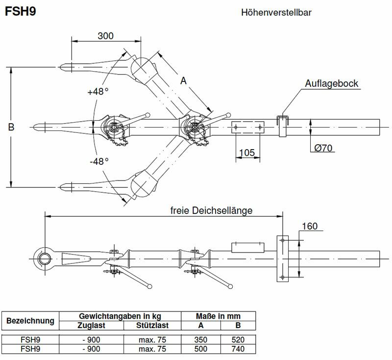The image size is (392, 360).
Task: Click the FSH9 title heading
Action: coord(20,11)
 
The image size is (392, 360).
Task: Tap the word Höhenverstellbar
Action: coord(276,12)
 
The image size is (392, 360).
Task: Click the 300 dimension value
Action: coord(105,36)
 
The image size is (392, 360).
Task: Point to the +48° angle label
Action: coord(98,91)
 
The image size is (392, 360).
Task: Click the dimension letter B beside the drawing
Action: coord(11,127)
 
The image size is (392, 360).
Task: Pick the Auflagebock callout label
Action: coord(332,83)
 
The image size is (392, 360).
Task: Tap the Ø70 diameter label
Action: coord(324,148)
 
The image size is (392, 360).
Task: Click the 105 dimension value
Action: coord(246,153)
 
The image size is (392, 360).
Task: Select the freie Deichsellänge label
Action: coord(211,210)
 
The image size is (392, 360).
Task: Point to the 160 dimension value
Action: coord(310,226)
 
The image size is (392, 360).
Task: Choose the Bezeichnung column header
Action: coord(30,321)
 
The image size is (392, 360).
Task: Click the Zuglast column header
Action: coord(91,325)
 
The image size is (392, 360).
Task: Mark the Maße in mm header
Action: coord(218,316)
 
